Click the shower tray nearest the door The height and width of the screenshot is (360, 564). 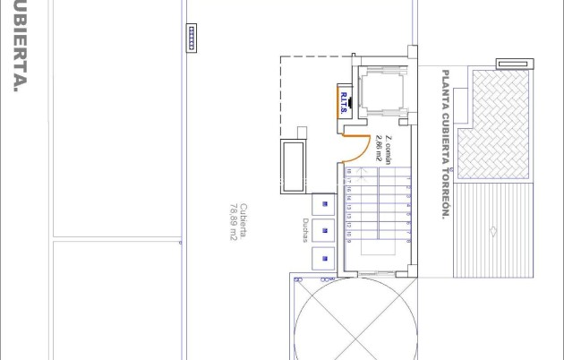pyautogui.click(x=324, y=204)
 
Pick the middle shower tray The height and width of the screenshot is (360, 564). pyautogui.click(x=324, y=231)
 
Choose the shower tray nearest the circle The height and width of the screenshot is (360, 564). pyautogui.click(x=324, y=259)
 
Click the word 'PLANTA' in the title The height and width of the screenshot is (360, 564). pyautogui.click(x=444, y=86)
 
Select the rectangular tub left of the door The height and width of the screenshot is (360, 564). pyautogui.click(x=293, y=167)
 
